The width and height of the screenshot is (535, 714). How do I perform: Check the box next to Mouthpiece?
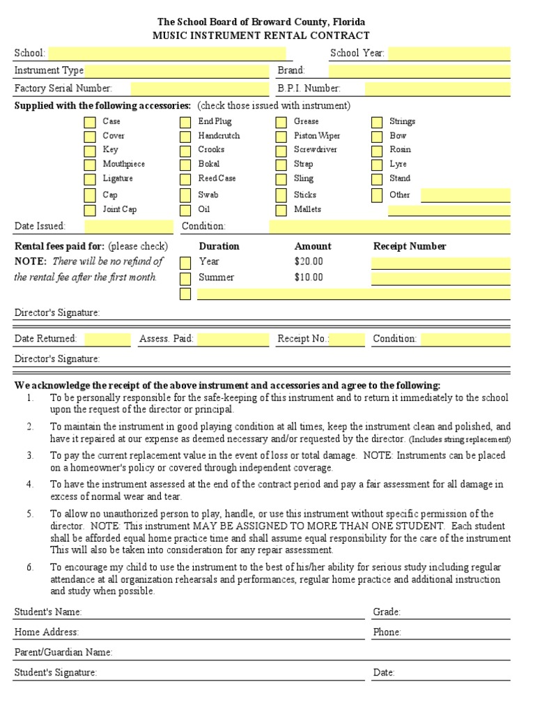(90, 165)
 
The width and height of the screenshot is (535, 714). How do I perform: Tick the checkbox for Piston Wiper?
(281, 137)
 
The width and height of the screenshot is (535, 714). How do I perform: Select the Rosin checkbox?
(377, 151)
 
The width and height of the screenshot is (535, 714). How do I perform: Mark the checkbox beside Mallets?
(281, 210)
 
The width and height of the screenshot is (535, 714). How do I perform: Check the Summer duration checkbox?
(185, 278)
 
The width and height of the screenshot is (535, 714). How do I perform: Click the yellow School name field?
(167, 54)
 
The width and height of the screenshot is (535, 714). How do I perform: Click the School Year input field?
(449, 54)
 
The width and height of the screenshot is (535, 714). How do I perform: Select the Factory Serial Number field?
(199, 89)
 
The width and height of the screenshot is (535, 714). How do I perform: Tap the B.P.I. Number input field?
(437, 89)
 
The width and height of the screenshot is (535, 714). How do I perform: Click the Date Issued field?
(129, 227)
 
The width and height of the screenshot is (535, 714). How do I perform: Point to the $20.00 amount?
(309, 261)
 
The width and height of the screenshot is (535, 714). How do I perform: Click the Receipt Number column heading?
(410, 246)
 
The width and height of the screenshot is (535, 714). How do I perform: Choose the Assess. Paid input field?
(233, 340)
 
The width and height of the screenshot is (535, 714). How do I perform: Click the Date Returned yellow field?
(108, 340)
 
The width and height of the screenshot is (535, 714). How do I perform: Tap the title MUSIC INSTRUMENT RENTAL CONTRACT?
(261, 36)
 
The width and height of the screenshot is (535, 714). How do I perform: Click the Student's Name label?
(48, 612)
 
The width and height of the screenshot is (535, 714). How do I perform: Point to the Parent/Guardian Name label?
(63, 653)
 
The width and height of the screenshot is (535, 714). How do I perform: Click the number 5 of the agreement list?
(30, 514)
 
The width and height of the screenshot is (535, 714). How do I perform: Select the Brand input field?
(419, 71)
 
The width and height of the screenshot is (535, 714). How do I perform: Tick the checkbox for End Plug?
(185, 122)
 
